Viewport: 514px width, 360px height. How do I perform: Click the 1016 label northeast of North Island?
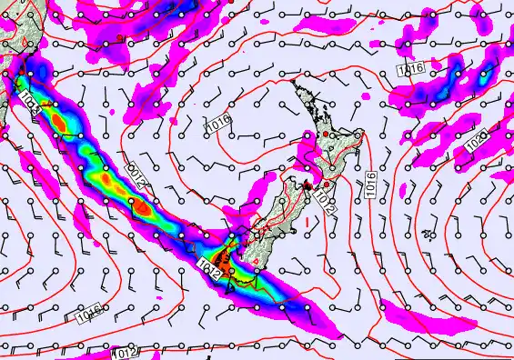(x=410, y=68)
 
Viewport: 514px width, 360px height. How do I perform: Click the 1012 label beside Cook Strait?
(x=325, y=205)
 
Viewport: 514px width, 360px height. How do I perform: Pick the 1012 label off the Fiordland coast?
(x=207, y=265)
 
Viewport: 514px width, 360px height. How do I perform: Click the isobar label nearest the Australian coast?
(x=26, y=95)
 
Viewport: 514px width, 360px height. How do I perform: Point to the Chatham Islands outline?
(x=427, y=237)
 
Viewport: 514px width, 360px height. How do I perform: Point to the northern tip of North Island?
(x=294, y=83)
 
